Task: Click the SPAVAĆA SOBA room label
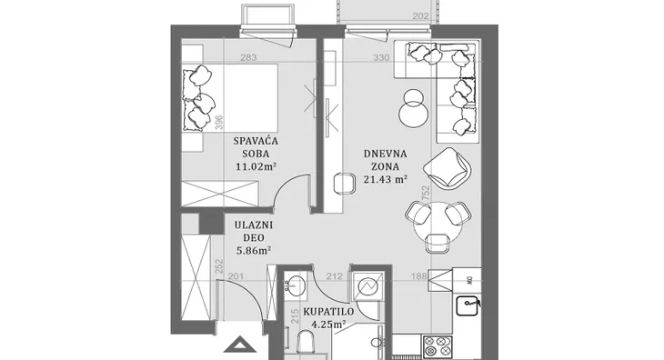tap(256, 146)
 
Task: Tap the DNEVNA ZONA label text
tap(385, 159)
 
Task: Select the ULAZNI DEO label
tap(254, 231)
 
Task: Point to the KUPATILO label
tap(328, 312)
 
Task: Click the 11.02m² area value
tap(256, 166)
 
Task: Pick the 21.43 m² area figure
tap(386, 179)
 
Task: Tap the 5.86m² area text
tap(254, 250)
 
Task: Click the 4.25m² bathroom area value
tap(328, 325)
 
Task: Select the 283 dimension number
tap(248, 57)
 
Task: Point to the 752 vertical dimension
tap(426, 193)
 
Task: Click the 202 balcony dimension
tap(420, 16)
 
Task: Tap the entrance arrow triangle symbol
tap(240, 345)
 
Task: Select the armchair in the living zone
tap(448, 169)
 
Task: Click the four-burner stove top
tap(438, 347)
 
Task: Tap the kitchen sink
tap(468, 305)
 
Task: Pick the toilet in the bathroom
tap(304, 342)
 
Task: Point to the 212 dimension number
tap(335, 276)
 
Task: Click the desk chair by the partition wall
tap(345, 184)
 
